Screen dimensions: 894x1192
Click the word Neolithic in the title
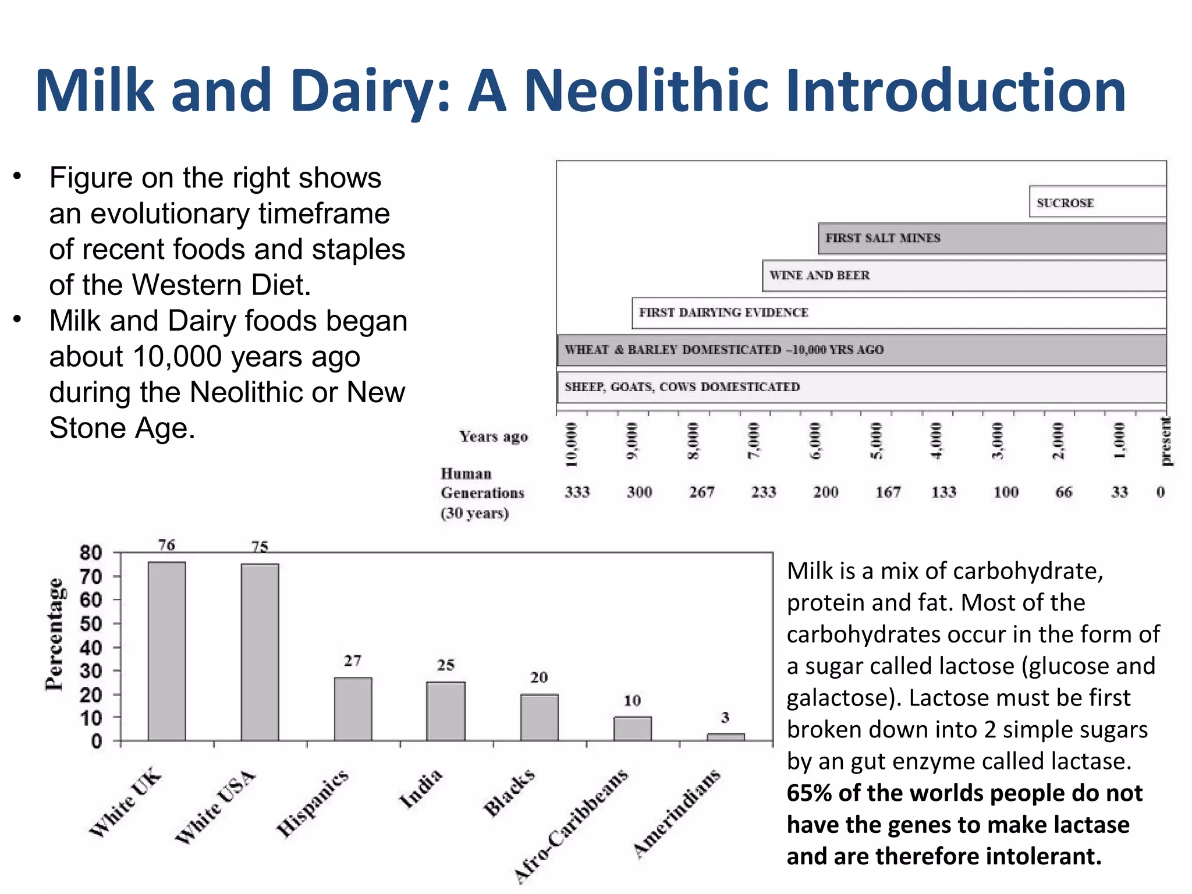646,91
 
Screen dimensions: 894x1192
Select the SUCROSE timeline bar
1097,202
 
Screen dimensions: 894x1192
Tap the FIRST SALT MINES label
882,238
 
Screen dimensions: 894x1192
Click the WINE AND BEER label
819,275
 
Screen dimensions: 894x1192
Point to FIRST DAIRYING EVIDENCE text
723,313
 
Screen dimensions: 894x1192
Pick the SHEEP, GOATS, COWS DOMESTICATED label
682,387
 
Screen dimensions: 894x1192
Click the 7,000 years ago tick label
754,441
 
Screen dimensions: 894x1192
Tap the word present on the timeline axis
1165,441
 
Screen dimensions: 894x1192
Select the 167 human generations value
888,492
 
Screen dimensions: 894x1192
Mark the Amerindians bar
725,737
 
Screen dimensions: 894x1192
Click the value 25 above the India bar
446,665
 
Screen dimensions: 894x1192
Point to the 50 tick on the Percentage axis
91,624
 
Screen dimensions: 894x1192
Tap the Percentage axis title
54,634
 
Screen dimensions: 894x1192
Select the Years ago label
494,437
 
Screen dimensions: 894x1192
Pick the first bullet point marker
18,176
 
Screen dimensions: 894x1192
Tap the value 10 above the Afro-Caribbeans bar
632,701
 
